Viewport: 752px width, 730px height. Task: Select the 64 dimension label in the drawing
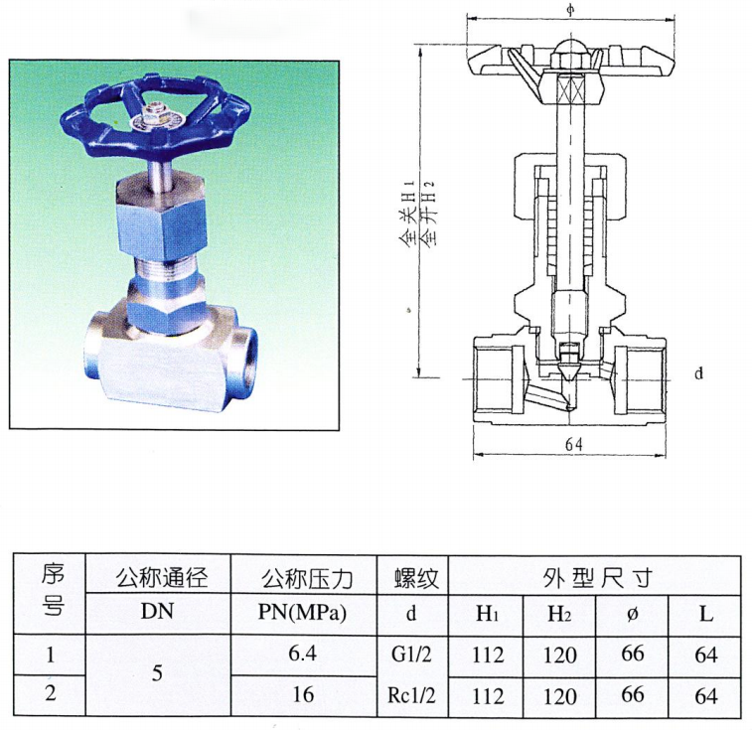click(x=573, y=445)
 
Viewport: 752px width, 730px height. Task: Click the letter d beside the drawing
click(x=698, y=373)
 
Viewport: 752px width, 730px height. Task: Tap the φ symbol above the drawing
click(x=571, y=9)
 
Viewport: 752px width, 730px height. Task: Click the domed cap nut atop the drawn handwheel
click(x=571, y=49)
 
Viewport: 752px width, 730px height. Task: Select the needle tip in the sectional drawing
click(x=569, y=371)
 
